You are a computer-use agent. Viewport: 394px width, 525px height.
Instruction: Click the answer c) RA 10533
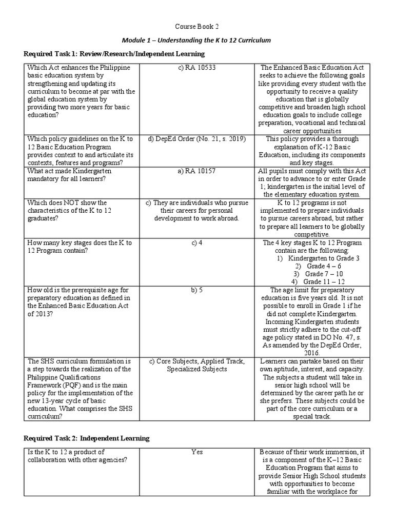click(x=196, y=68)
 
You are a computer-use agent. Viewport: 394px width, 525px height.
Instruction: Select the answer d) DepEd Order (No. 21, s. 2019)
click(x=196, y=139)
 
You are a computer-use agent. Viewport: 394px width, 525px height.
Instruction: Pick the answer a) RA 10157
click(x=196, y=171)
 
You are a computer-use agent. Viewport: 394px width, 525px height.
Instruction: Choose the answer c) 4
click(x=196, y=243)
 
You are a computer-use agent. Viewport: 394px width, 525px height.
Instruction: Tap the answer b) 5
click(x=196, y=290)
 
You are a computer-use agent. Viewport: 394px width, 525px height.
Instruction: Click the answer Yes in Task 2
click(x=196, y=452)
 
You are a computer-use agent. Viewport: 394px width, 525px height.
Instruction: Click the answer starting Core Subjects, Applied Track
click(x=196, y=365)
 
